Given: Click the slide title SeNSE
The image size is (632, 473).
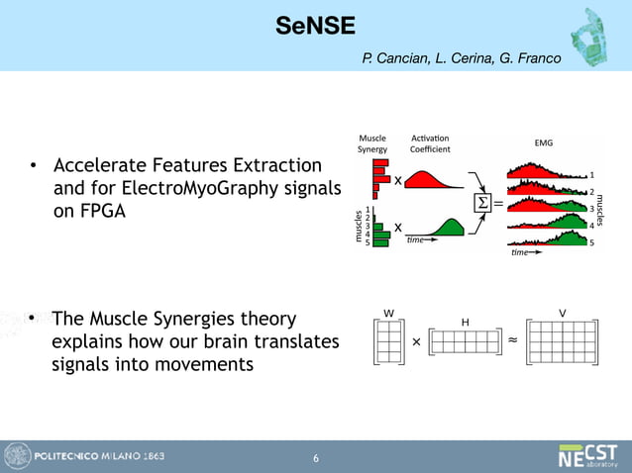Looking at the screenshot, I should (315, 26).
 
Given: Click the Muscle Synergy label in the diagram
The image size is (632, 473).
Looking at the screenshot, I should (372, 143).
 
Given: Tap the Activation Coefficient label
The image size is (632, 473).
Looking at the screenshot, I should (430, 143).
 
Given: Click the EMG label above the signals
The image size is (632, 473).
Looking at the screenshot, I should (543, 142).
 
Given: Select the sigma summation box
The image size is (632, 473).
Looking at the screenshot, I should (483, 204).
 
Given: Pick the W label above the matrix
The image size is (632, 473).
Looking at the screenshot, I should (388, 314).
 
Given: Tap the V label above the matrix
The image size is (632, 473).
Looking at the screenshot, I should (562, 313).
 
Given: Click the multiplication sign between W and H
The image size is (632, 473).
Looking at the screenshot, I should (416, 340).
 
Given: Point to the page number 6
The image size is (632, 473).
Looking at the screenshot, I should (315, 458).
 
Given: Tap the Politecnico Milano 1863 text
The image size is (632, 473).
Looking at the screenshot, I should (100, 456).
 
